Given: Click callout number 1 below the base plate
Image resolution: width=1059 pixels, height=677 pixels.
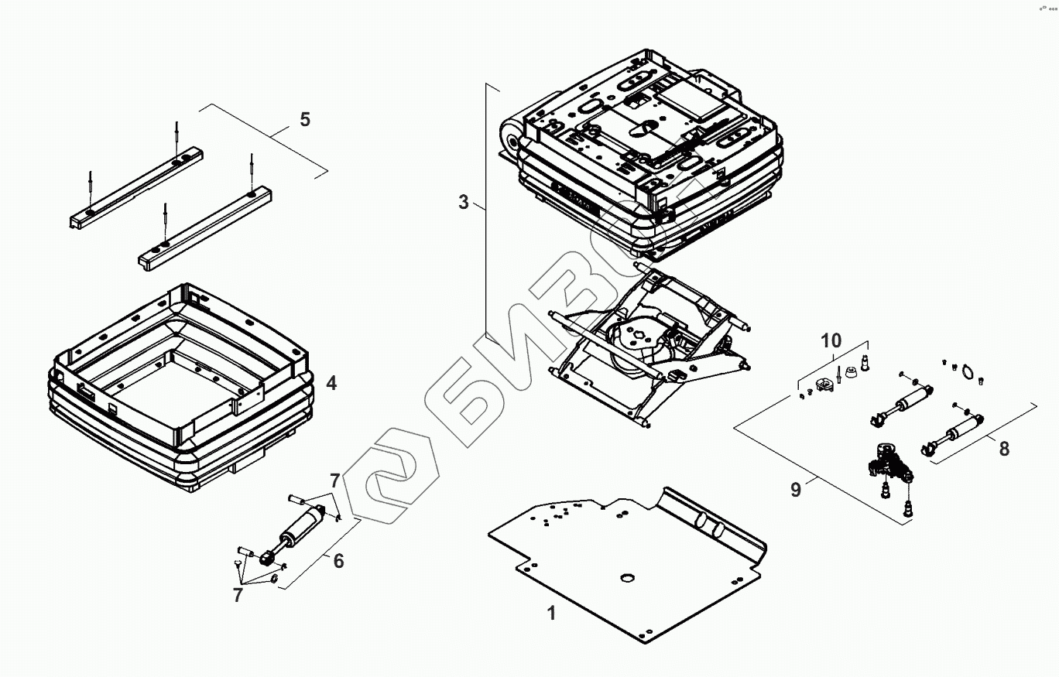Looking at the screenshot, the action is (x=551, y=614).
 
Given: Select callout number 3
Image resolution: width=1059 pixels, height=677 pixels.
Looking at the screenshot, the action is (x=464, y=202).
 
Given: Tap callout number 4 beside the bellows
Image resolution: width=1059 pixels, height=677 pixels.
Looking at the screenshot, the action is (x=331, y=383).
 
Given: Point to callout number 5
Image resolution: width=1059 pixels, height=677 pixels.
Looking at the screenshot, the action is (x=305, y=119).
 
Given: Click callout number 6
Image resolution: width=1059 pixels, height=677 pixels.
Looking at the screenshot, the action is (x=338, y=561).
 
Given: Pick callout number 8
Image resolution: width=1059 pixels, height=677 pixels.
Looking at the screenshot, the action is (x=1004, y=448).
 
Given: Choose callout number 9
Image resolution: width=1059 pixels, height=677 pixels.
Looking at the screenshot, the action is (x=796, y=490).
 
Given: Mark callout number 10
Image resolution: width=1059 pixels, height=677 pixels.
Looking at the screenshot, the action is (x=831, y=340).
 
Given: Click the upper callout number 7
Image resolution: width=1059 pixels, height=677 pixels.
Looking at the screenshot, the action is (x=334, y=481).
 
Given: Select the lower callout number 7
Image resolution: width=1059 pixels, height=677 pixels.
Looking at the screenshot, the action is (x=238, y=595).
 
